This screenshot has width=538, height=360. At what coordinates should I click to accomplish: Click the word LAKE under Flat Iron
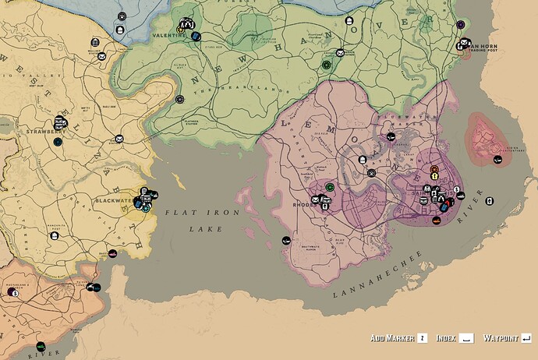click(x=206, y=229)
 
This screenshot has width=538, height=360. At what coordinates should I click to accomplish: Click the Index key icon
click(x=466, y=338)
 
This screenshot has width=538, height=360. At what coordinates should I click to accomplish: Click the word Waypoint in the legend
click(x=501, y=338)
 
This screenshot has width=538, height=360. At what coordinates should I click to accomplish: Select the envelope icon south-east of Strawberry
click(x=119, y=139)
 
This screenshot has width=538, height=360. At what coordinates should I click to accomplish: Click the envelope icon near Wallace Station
click(x=102, y=55)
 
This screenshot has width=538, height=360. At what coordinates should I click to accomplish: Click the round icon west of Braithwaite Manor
click(x=286, y=240)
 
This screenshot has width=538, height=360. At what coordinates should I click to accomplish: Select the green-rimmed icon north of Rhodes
click(x=330, y=187)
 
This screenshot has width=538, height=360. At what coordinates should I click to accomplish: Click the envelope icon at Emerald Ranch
click(x=340, y=53)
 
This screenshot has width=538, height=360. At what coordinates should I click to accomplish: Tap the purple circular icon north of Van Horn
click(x=462, y=25)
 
